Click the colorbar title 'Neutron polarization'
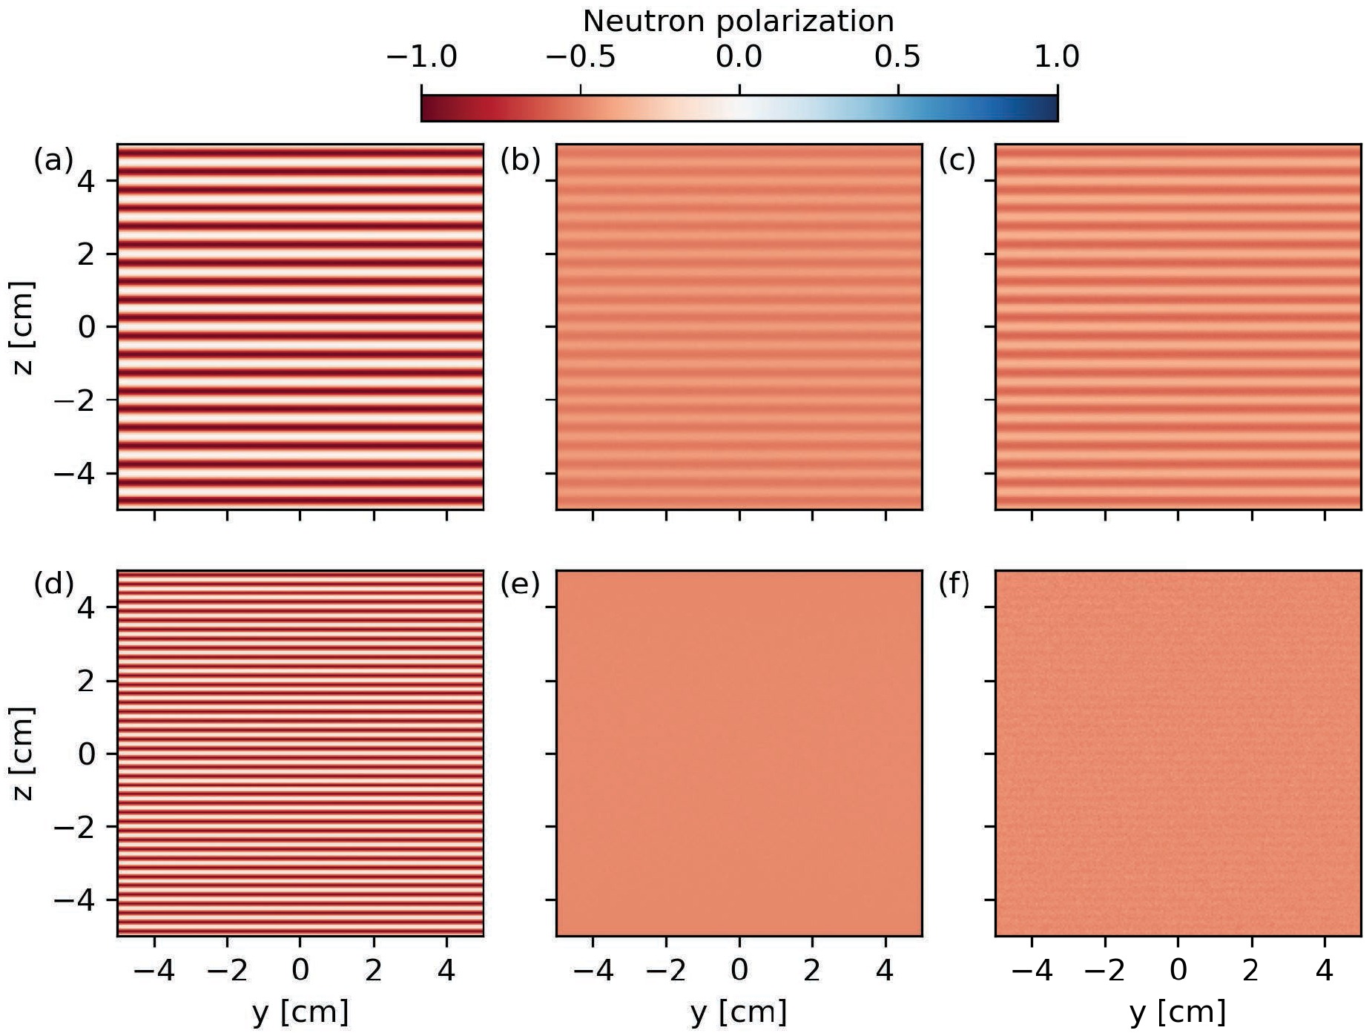click(738, 22)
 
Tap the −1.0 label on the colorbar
click(421, 57)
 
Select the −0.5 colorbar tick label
click(580, 57)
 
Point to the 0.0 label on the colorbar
click(739, 57)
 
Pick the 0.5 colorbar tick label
click(897, 57)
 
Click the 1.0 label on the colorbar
click(1056, 57)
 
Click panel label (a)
click(53, 160)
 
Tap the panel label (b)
click(521, 160)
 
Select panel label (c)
click(957, 160)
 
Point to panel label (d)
click(53, 584)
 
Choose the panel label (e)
click(521, 584)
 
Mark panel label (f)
click(954, 584)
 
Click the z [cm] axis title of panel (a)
click(23, 327)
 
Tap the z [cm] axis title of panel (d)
click(23, 753)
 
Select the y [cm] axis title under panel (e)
click(739, 1012)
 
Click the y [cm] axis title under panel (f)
click(1178, 1012)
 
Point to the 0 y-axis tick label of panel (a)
click(87, 327)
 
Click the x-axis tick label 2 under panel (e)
click(812, 970)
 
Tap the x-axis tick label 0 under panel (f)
click(1178, 970)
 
